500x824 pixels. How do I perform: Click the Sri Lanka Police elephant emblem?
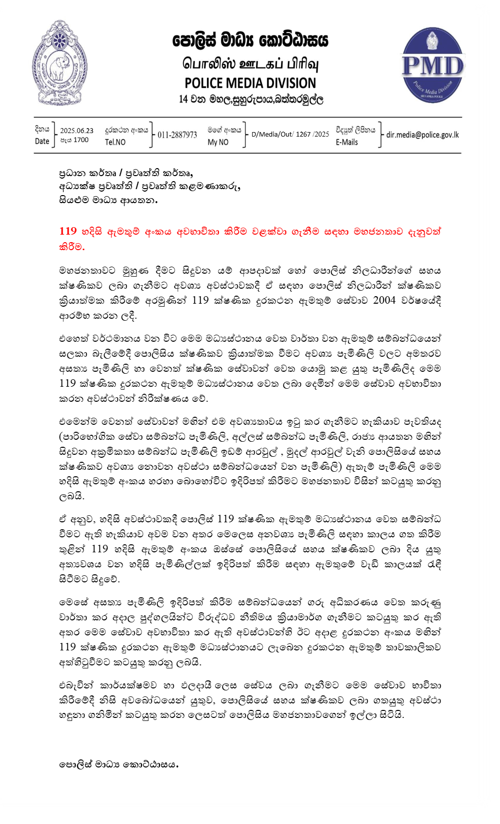(x=59, y=63)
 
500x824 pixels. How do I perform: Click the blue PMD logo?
(x=432, y=66)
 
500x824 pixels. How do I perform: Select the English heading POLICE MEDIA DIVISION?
(x=250, y=83)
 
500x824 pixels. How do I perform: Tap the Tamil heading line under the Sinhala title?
(x=250, y=64)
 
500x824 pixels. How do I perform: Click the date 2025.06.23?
(x=76, y=131)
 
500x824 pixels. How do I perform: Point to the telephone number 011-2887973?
(x=177, y=135)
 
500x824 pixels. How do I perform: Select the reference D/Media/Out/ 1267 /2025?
(x=290, y=134)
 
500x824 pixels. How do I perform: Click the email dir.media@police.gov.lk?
(x=422, y=135)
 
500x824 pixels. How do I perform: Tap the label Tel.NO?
(x=115, y=142)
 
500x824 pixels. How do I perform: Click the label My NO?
(x=218, y=142)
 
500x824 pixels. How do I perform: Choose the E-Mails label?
(x=346, y=142)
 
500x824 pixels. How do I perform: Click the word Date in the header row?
(x=42, y=142)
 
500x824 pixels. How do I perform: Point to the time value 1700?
(x=81, y=140)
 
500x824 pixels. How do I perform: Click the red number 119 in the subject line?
(x=67, y=231)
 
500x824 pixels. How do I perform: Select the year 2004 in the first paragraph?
(x=384, y=300)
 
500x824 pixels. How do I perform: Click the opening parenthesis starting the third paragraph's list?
(x=60, y=437)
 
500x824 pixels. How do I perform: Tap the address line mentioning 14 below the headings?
(x=251, y=99)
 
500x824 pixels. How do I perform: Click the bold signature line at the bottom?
(x=118, y=764)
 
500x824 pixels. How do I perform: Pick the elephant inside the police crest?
(x=59, y=67)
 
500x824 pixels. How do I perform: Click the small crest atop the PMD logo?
(x=432, y=40)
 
